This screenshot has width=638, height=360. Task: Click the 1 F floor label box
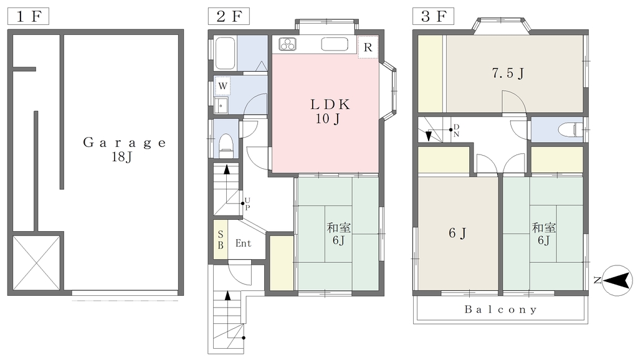point(29,16)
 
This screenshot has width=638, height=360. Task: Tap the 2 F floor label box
point(229,16)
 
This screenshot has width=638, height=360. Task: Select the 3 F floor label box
point(434,16)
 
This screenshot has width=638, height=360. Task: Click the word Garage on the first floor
point(125,143)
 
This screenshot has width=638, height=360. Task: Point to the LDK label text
point(330,105)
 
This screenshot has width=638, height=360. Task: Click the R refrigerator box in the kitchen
point(368,47)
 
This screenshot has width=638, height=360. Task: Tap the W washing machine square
point(222,86)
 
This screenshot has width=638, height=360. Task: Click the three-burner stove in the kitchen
point(288,44)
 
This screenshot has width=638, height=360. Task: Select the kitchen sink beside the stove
point(335,44)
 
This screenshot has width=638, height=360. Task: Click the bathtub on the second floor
point(225,54)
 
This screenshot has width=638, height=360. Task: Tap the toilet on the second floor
point(226,145)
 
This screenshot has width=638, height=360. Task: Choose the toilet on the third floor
point(569,130)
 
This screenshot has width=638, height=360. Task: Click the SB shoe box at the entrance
point(221,240)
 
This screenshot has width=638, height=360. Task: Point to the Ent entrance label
point(244,244)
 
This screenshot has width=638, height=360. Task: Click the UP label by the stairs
point(247,204)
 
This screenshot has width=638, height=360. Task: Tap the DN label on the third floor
point(456,130)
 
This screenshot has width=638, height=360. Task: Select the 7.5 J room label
point(508,73)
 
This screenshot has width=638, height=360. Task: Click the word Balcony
point(501,310)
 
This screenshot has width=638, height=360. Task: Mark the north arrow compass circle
point(617,280)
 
